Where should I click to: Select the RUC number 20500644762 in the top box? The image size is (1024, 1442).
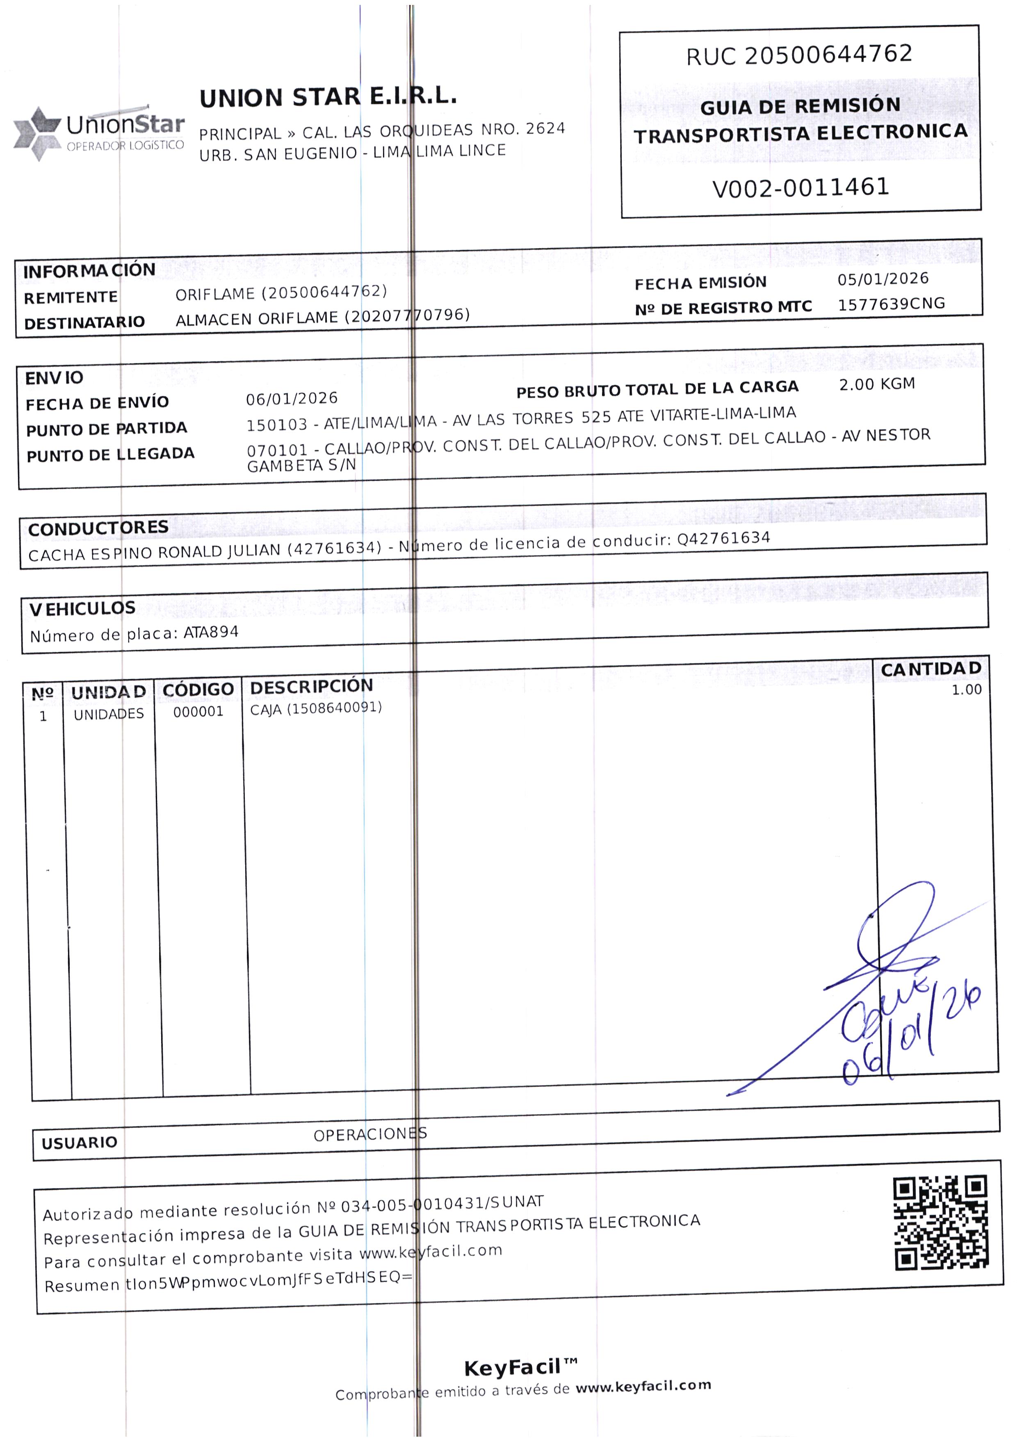828,55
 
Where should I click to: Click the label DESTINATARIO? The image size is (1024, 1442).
84,323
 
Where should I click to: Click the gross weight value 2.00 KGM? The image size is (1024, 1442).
876,384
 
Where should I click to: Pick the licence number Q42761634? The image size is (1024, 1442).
723,538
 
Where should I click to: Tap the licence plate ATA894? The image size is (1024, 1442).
211,632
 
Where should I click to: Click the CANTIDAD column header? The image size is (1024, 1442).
930,669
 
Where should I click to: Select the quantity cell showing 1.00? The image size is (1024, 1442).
966,690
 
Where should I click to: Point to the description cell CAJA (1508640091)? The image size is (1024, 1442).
316,708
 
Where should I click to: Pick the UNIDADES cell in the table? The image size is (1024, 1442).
108,714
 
